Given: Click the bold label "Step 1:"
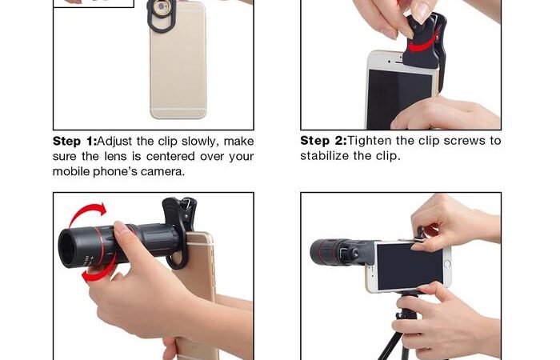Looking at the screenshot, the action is pos(74,142).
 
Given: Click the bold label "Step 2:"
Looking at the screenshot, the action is pos(323,141).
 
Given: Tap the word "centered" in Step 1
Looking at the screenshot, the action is pos(170,157).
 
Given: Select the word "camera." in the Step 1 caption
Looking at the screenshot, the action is pos(163,172).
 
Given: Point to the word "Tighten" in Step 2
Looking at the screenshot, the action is pos(370,141).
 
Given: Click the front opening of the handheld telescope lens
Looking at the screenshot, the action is pos(67,248).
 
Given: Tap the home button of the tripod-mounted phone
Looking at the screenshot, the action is pos(446,264).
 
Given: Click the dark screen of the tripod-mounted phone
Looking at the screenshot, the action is pos(410,266).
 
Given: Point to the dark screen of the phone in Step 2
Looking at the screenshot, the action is pos(398,98).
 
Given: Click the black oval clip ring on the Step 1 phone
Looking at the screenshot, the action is pos(162,16).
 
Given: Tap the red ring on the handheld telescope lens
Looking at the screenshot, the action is pos(102,247).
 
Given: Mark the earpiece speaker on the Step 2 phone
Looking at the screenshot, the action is pos(396,62).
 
